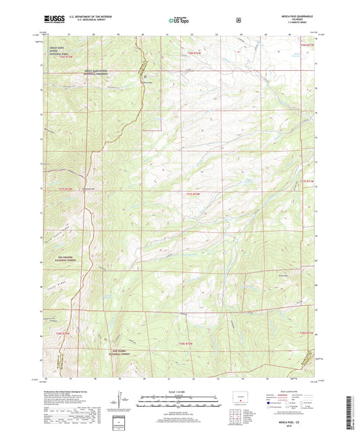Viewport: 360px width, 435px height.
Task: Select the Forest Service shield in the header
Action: click(x=238, y=20)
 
